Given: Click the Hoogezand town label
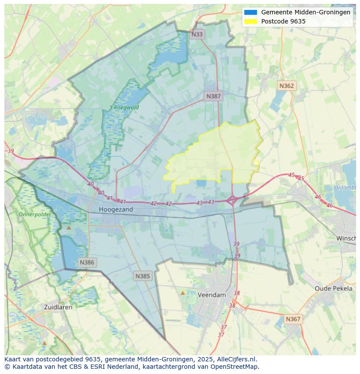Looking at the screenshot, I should click(x=116, y=209).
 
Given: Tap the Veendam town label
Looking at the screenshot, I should click(x=212, y=295).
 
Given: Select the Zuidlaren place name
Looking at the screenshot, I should click(x=58, y=307).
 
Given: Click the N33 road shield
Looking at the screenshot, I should click(x=197, y=34).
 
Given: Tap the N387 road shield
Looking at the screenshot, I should click(x=213, y=96).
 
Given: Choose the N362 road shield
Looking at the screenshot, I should click(x=287, y=86).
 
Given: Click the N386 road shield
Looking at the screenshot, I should click(x=87, y=262).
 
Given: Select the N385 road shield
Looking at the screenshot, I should click(x=143, y=276).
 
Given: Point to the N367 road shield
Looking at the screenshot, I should click(x=293, y=319).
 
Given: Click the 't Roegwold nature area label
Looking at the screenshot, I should click(x=124, y=107).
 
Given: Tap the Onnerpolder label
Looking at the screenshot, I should click(x=34, y=214).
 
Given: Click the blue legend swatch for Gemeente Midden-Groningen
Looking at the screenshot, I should click(x=250, y=12).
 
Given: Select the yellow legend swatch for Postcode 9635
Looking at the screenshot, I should click(x=250, y=21).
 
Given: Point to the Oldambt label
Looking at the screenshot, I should click(x=345, y=188).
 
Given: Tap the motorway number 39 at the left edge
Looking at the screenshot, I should click(x=10, y=151).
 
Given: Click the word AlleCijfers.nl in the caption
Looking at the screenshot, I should click(x=238, y=359).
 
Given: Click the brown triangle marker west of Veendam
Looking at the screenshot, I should click(x=183, y=293).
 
